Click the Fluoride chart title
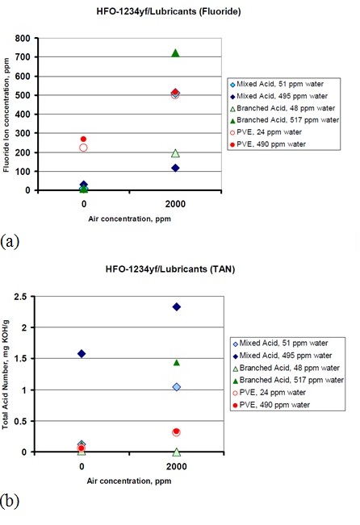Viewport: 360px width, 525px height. click(x=169, y=11)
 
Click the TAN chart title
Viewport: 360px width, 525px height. click(x=170, y=269)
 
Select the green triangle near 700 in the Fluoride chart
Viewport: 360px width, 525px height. click(x=175, y=53)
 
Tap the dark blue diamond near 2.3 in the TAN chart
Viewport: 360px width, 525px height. click(x=177, y=306)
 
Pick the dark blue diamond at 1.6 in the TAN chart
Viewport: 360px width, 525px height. click(x=82, y=353)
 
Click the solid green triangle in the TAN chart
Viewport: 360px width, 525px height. click(x=177, y=363)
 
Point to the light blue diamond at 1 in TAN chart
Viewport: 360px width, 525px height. click(x=177, y=387)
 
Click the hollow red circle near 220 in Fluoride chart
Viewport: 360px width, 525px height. click(x=83, y=148)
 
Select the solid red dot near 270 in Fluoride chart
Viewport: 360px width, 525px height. click(x=83, y=139)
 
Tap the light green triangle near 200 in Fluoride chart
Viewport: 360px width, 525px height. click(x=175, y=153)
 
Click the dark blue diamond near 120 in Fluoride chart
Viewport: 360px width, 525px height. click(x=175, y=168)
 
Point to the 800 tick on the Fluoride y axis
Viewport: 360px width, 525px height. click(x=23, y=38)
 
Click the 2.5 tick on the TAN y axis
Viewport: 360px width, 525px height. click(x=19, y=296)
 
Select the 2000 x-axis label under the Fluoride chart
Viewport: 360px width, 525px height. click(x=175, y=204)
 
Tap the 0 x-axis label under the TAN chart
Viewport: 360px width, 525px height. click(x=82, y=466)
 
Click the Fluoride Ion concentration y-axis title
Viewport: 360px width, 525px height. click(x=6, y=115)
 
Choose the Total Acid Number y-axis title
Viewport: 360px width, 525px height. click(x=5, y=375)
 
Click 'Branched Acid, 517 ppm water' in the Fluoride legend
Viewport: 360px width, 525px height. click(x=287, y=120)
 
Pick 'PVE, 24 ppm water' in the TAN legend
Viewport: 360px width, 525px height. click(x=273, y=393)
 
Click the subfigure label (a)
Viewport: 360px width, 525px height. click(x=10, y=241)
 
